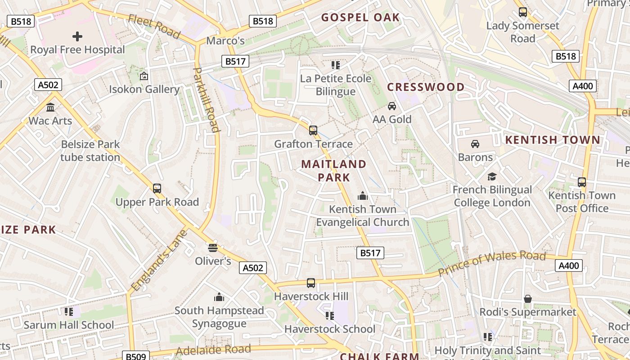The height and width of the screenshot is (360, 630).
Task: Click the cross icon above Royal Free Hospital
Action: [x=77, y=36]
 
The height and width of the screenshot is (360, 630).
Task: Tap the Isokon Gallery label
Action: [x=144, y=89]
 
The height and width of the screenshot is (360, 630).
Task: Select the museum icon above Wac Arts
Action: [x=50, y=107]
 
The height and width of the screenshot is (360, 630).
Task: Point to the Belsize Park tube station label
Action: [x=90, y=151]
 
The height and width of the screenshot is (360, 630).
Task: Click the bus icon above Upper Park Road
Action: [x=157, y=188]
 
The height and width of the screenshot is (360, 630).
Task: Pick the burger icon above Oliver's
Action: [x=213, y=247]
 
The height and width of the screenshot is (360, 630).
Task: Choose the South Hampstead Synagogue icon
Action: [x=219, y=297]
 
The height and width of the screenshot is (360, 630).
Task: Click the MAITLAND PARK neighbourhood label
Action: [x=334, y=171]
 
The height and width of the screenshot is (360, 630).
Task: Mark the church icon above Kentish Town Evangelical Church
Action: [x=362, y=196]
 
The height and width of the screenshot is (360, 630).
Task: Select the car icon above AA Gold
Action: [x=392, y=106]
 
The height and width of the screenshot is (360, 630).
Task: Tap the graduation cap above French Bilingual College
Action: [x=492, y=176]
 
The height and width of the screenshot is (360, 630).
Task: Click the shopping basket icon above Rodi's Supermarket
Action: [x=528, y=299]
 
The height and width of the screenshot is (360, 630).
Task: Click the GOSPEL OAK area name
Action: [x=360, y=18]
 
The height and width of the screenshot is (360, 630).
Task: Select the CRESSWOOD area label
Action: [x=426, y=87]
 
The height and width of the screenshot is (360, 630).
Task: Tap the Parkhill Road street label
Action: [x=207, y=99]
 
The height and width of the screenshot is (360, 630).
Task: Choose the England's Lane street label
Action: [x=159, y=260]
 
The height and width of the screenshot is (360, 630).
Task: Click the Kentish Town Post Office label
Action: [x=582, y=202]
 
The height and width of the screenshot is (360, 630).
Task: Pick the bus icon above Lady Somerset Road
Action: [x=523, y=12]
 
